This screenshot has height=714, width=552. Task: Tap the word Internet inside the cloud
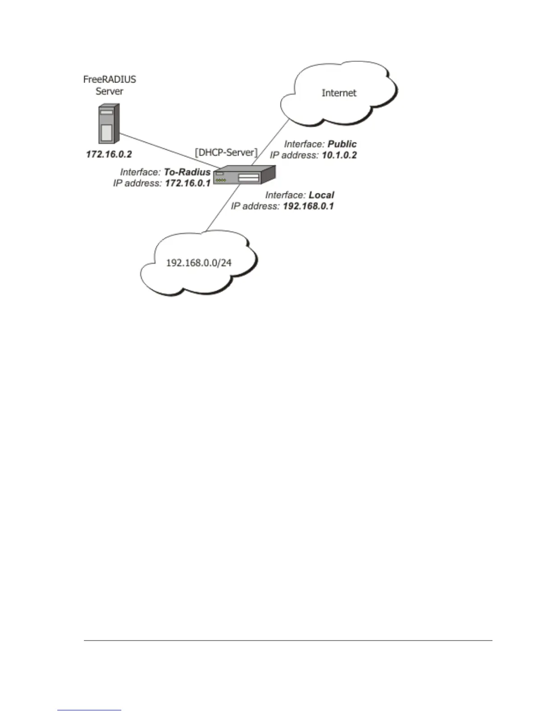339,93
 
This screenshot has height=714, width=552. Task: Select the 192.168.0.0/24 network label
199,263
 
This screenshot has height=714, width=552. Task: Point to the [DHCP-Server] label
226,152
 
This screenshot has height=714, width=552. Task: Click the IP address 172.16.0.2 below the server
109,155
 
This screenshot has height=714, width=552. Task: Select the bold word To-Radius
187,172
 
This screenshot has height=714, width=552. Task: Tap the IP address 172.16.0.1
188,183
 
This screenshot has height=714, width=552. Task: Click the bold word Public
342,144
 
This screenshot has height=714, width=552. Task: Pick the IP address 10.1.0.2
339,156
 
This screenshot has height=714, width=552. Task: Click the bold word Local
321,195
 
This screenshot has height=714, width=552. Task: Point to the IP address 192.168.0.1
308,206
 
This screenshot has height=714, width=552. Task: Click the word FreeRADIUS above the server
110,80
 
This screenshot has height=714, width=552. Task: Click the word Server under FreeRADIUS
110,92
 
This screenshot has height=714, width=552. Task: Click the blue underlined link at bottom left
89,710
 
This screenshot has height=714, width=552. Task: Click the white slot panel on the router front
248,178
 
